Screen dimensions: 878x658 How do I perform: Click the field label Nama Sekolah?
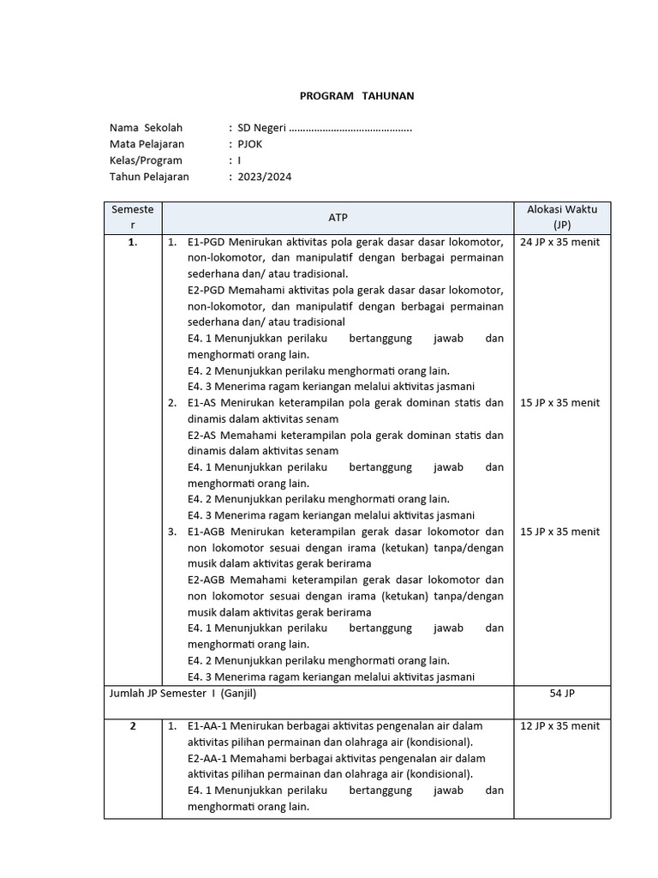click(x=146, y=128)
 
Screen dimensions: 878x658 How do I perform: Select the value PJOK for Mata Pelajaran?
click(x=250, y=144)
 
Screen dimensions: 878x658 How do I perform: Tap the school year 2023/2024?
click(x=265, y=177)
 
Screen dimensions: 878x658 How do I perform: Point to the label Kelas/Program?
click(x=146, y=160)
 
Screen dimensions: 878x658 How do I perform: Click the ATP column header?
click(x=338, y=218)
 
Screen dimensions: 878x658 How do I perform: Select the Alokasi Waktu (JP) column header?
click(x=561, y=217)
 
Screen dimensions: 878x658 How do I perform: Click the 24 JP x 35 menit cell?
click(x=560, y=242)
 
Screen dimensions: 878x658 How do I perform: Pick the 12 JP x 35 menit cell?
click(x=560, y=726)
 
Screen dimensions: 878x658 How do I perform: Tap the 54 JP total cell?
click(x=561, y=694)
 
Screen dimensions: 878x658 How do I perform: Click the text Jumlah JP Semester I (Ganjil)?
click(x=183, y=694)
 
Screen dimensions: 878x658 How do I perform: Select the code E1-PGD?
click(x=206, y=242)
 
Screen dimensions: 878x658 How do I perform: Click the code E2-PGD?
click(x=206, y=290)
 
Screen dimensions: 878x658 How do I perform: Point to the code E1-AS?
click(x=202, y=403)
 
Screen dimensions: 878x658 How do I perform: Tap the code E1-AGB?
click(x=206, y=532)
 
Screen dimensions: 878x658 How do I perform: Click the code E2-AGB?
click(x=206, y=580)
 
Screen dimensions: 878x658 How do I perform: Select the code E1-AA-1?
click(x=209, y=726)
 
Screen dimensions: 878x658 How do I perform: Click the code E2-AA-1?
click(x=209, y=759)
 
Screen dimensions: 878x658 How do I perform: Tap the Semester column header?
click(x=133, y=217)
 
